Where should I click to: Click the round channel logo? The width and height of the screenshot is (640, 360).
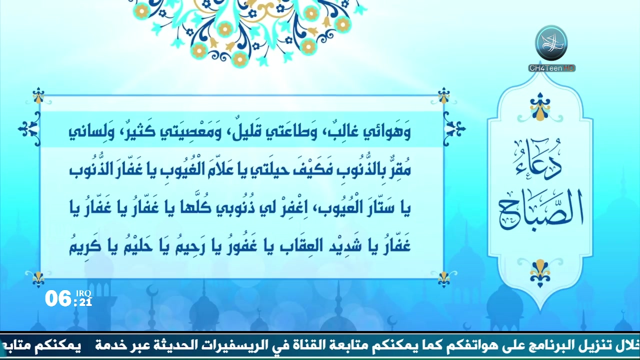point(551,43)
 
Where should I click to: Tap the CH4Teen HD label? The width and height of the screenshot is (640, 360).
point(551,68)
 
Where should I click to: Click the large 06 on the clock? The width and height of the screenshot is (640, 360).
point(58,298)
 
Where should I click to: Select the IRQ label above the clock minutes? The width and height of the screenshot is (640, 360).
point(83,293)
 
